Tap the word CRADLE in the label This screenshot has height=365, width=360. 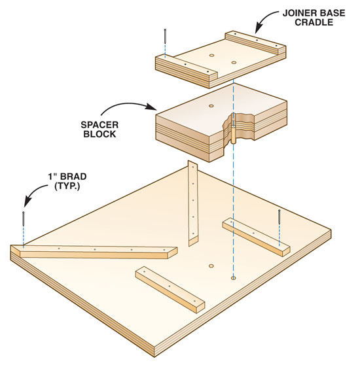pyautogui.click(x=314, y=22)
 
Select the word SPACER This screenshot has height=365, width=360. pyautogui.click(x=99, y=125)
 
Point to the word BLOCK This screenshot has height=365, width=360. pyautogui.click(x=99, y=134)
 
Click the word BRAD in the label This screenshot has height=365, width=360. pyautogui.click(x=73, y=177)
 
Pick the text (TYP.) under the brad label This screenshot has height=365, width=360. pyautogui.click(x=67, y=186)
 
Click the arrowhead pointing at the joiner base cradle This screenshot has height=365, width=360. pyautogui.click(x=259, y=29)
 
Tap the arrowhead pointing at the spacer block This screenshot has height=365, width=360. pyautogui.click(x=151, y=107)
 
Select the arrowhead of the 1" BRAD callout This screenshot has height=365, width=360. pyautogui.click(x=27, y=201)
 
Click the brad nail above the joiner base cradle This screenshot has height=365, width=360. pyautogui.click(x=165, y=36)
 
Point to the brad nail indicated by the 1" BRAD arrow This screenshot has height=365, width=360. pyautogui.click(x=24, y=218)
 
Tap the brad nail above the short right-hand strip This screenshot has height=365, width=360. pyautogui.click(x=279, y=217)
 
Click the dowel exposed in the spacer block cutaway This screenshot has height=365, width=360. pyautogui.click(x=233, y=134)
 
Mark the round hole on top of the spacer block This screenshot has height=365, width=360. pyautogui.click(x=211, y=106)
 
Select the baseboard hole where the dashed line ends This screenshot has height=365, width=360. pyautogui.click(x=233, y=278)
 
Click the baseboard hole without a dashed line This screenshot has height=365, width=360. pyautogui.click(x=211, y=266)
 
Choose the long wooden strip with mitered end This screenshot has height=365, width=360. pyautogui.click(x=94, y=251)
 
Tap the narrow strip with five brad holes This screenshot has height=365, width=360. pyautogui.click(x=193, y=203)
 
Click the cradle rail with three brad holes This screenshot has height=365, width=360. pyautogui.click(x=255, y=43)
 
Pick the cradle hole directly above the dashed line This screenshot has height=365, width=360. pyautogui.click(x=234, y=63)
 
